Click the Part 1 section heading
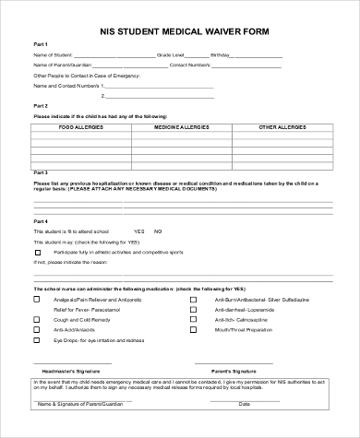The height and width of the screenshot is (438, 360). click(41, 43)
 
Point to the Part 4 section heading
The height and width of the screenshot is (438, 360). click(41, 221)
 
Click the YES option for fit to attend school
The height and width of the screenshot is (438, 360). click(139, 231)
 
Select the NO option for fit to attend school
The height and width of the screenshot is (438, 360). click(158, 231)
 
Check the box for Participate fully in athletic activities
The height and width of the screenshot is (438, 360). click(37, 251)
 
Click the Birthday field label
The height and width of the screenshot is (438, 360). click(222, 55)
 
